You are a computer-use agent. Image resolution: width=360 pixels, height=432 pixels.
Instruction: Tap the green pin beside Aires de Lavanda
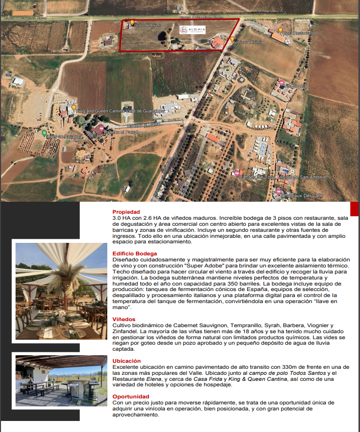[x=44, y=133]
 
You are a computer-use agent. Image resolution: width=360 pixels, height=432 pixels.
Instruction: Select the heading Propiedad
[x=126, y=212]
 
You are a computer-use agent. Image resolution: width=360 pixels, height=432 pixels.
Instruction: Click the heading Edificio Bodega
[x=134, y=254]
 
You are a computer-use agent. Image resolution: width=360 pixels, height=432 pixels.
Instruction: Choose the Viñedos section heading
[x=124, y=319]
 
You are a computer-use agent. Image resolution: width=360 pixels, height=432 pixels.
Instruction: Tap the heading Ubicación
[x=126, y=361]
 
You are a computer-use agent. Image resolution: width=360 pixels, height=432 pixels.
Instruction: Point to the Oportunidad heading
[x=130, y=396]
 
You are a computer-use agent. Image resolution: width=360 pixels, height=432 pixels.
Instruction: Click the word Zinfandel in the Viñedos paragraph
[x=126, y=331]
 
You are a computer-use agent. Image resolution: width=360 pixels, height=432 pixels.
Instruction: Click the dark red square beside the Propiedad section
[x=354, y=209]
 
